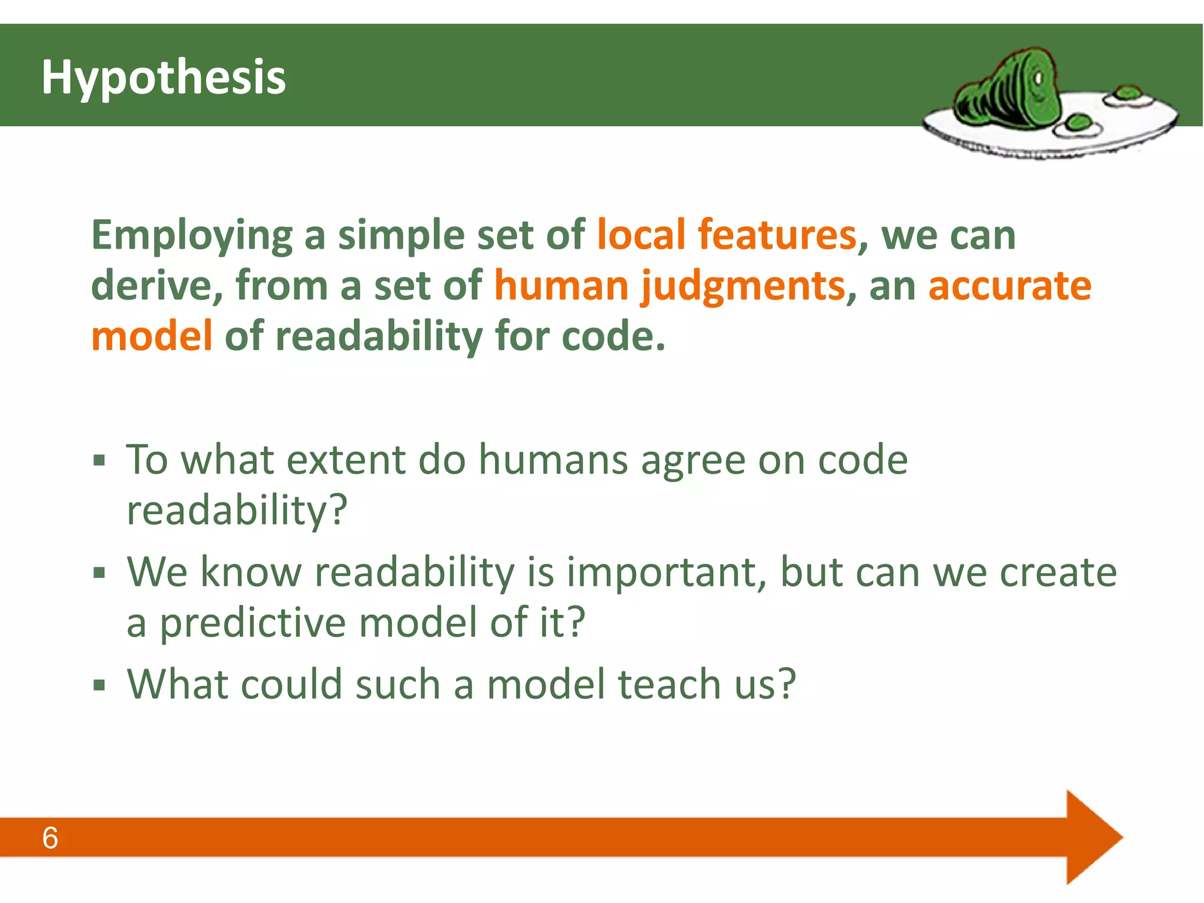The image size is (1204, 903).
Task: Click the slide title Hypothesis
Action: pyautogui.click(x=163, y=78)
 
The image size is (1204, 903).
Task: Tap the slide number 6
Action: pyautogui.click(x=50, y=838)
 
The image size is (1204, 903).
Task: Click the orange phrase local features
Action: pyautogui.click(x=726, y=235)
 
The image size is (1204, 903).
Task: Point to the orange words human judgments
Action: pyautogui.click(x=669, y=286)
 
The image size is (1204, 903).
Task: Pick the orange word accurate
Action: pyautogui.click(x=1009, y=286)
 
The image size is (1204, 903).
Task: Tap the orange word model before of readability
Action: pyautogui.click(x=152, y=336)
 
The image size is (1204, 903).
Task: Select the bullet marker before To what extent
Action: pyautogui.click(x=99, y=460)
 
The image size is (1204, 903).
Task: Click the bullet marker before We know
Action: pyautogui.click(x=99, y=572)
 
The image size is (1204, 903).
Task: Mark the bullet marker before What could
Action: pyautogui.click(x=99, y=685)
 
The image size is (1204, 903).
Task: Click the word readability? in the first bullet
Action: pyautogui.click(x=237, y=510)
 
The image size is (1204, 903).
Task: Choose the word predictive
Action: pyautogui.click(x=253, y=623)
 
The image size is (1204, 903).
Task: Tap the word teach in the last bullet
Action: pyautogui.click(x=670, y=684)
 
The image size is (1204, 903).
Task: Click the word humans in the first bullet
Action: pyautogui.click(x=553, y=460)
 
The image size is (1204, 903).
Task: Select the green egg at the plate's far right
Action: pyautogui.click(x=1127, y=93)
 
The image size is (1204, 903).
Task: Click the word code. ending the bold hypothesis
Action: pyautogui.click(x=613, y=336)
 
